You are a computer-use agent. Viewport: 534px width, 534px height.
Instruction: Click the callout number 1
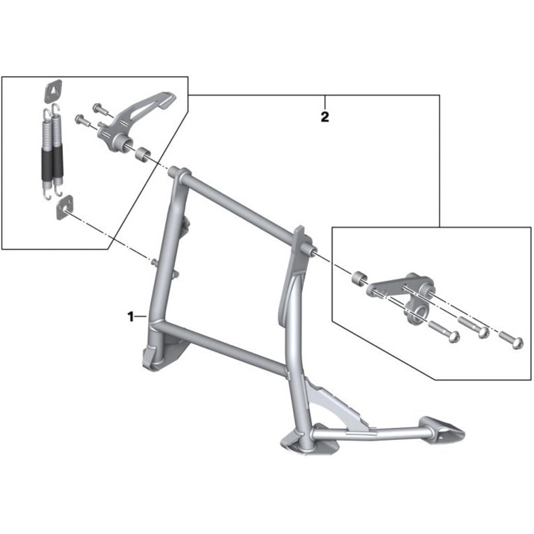(130, 316)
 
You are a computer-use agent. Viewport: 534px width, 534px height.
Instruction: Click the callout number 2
(325, 117)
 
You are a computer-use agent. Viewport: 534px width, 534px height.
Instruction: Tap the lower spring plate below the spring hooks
(65, 207)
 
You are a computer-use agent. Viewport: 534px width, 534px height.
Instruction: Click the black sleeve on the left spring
(47, 164)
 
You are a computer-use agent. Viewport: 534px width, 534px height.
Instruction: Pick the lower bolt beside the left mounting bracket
(82, 121)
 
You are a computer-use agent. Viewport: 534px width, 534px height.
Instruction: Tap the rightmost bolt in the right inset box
(511, 340)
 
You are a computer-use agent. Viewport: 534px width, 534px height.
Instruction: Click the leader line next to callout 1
(141, 316)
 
